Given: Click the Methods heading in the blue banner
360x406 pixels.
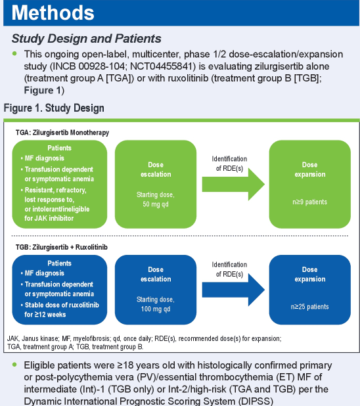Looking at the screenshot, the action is pos(53,12).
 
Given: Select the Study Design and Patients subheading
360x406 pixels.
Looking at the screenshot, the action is pos(86,39).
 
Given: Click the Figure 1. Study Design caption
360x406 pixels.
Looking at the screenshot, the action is pos(54,108).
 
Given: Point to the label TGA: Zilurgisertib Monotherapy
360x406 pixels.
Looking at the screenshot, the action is pos(62,133).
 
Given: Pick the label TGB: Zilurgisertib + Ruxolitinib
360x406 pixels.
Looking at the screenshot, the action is pos(61,247).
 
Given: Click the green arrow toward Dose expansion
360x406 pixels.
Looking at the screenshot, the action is pos(233,185).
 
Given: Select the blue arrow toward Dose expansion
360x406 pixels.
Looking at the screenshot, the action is pos(233,290).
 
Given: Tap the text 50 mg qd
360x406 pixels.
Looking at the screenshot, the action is pos(156,204).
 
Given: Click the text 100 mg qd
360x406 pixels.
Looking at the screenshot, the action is pos(156,309).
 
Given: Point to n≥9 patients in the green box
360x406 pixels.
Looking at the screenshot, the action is pos(310,202).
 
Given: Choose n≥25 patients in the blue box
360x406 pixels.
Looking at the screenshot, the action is pos(310,307).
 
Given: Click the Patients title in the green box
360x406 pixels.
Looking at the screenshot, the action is pos(59,148).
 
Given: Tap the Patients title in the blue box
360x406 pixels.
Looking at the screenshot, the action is pos(59,263).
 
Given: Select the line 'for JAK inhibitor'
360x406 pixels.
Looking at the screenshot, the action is pos(49,218).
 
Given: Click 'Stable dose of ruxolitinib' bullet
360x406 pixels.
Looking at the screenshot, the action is pos(62,305).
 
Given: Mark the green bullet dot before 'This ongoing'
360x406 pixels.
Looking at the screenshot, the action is pos(14,54).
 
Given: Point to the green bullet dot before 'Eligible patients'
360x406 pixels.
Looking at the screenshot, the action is pos(14,365).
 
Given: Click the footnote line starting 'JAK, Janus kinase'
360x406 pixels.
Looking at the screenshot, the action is pos(144,339).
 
